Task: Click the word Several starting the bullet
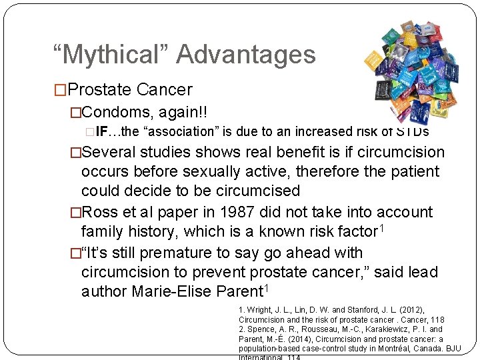pos(117,153)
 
